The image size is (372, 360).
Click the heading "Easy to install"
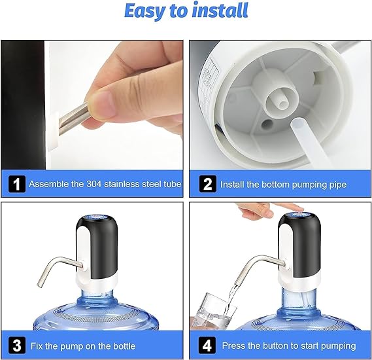(186, 11)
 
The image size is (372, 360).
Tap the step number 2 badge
(208, 185)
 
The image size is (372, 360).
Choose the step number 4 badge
(208, 345)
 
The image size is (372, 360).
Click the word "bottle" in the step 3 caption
(122, 345)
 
